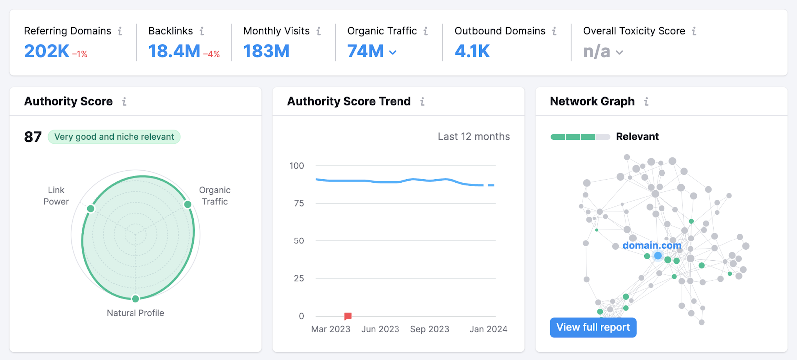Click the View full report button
click(593, 327)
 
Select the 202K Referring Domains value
click(47, 51)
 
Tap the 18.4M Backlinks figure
click(174, 51)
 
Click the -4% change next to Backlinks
click(211, 54)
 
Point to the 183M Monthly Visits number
click(266, 51)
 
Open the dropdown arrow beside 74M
click(393, 52)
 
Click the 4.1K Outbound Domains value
click(472, 51)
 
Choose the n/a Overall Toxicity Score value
click(597, 51)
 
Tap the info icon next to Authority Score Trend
click(422, 102)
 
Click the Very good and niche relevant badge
click(114, 137)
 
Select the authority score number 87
click(33, 137)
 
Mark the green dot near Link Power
click(91, 208)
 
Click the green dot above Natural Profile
click(135, 299)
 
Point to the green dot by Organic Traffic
click(188, 204)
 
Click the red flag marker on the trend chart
click(348, 316)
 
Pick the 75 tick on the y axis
click(299, 203)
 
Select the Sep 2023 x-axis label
click(429, 329)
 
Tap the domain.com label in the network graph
click(652, 245)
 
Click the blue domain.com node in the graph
click(658, 256)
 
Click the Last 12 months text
click(473, 137)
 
